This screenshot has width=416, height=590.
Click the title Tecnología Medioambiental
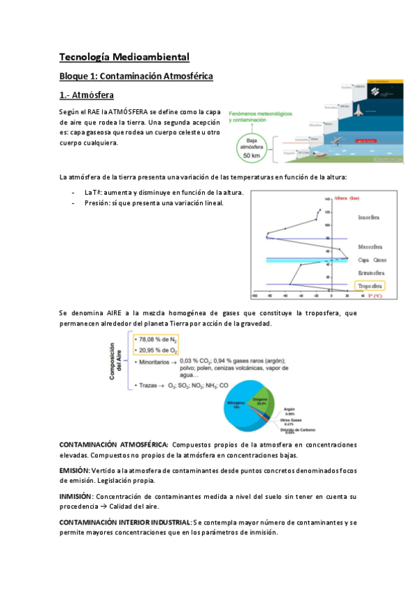124,57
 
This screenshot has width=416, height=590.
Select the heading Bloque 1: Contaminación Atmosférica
135,75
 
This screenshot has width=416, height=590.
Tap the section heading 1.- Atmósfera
87,94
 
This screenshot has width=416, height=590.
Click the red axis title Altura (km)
347,199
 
